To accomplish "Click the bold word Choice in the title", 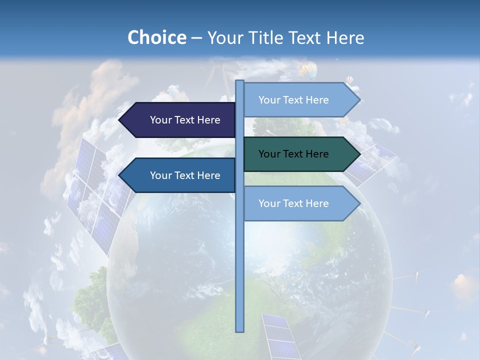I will pyautogui.click(x=156, y=37).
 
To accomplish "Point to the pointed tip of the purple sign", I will pyautogui.click(x=120, y=120).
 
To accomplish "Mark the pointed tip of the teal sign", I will pyautogui.click(x=359, y=154).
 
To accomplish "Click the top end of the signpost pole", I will pyautogui.click(x=240, y=82).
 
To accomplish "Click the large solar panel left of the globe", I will pyautogui.click(x=97, y=195).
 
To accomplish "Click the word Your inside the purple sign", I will pyautogui.click(x=160, y=120).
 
